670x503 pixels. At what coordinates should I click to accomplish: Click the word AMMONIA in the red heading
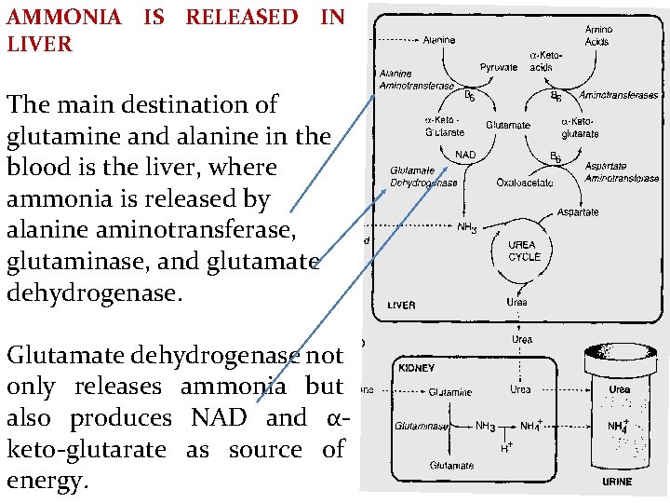pos(64,17)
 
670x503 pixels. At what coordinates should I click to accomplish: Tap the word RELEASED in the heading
pos(242,17)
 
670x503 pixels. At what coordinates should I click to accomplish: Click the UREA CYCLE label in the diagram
pos(524,250)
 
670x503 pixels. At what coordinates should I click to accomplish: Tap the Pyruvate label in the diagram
pos(499,67)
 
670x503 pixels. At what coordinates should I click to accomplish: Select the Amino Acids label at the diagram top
pos(597,36)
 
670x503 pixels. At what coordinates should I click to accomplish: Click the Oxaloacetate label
pos(525,183)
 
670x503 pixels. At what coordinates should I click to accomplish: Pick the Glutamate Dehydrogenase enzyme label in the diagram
pos(423,177)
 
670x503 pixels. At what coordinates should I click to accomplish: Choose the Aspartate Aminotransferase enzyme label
pos(622,171)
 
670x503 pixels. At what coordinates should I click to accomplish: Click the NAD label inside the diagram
pos(465,154)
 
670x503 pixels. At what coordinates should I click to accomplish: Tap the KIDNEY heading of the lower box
pos(416,369)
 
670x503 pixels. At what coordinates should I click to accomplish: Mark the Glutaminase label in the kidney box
pos(422,427)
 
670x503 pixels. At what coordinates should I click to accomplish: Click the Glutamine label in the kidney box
pos(449,392)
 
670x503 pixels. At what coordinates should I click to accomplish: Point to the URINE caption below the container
pos(617,482)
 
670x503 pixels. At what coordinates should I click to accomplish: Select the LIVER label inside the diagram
pos(402,306)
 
